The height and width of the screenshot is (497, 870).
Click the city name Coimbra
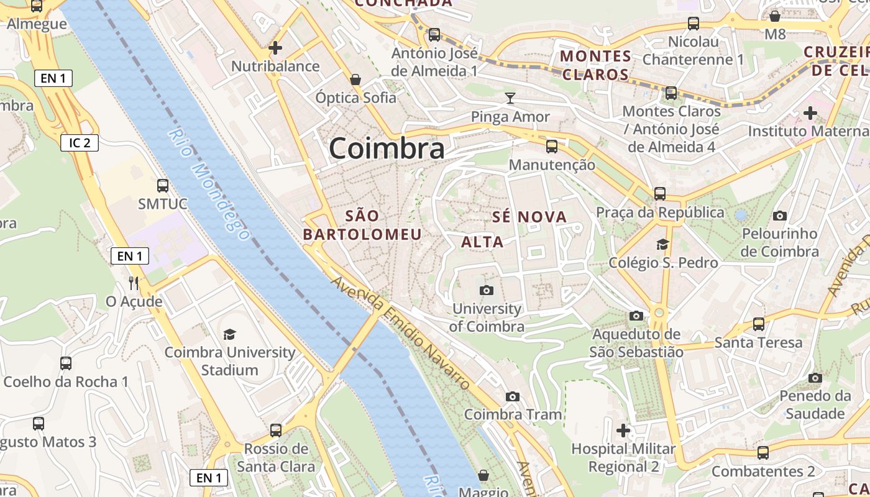point(387,148)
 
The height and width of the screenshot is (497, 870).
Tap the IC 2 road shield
point(80,143)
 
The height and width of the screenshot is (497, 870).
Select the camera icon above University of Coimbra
point(487,290)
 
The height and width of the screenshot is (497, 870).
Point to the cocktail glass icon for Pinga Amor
point(510,98)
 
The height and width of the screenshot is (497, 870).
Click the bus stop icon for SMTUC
point(163,185)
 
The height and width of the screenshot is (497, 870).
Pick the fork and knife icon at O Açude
point(134,283)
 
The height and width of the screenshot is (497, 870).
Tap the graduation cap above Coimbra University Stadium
point(230,334)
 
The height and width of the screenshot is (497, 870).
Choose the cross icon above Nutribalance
point(275,47)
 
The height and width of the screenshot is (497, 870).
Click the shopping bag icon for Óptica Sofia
point(355,80)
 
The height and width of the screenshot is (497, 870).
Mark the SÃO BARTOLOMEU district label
point(362,225)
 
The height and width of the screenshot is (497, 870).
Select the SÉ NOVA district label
point(529,217)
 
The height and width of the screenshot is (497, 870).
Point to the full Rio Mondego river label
point(209,185)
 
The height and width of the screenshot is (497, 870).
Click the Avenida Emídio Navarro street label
point(401,332)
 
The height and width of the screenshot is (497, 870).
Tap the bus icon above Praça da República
point(660,193)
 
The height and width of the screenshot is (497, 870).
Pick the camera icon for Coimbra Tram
point(513,396)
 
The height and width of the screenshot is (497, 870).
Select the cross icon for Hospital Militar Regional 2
point(623,430)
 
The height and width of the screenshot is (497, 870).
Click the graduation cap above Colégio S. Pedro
point(662,244)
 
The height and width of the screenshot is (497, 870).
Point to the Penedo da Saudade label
point(815,404)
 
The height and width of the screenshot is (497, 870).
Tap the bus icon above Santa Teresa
point(758,324)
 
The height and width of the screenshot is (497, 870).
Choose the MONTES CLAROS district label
point(595,65)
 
